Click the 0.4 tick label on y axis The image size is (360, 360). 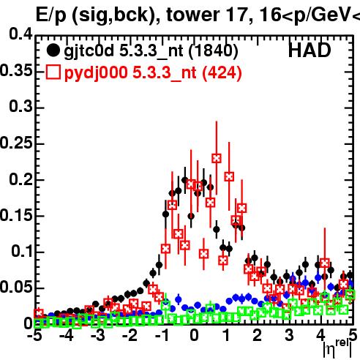click(x=20, y=34)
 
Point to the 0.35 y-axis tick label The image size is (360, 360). click(x=16, y=70)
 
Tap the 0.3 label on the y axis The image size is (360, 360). click(x=20, y=106)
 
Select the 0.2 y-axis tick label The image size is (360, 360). click(x=20, y=179)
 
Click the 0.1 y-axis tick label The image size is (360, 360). click(x=21, y=251)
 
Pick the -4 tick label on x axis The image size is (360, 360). click(x=66, y=335)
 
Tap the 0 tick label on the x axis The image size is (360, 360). click(x=194, y=335)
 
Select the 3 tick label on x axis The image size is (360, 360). click(x=289, y=335)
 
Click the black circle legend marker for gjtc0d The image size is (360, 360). click(x=53, y=50)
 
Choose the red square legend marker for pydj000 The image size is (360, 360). click(x=53, y=72)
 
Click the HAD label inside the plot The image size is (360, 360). click(x=310, y=50)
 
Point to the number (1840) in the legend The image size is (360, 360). click(x=213, y=51)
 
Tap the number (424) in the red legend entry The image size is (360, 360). click(x=222, y=72)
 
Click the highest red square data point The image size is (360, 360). click(x=217, y=159)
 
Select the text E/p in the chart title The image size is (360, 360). click(x=51, y=15)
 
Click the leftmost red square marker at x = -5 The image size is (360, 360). click(x=39, y=313)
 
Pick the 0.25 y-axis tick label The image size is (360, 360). click(x=16, y=143)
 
